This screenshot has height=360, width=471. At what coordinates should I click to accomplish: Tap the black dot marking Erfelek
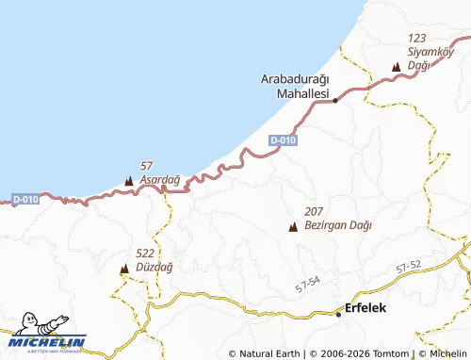point(339,314)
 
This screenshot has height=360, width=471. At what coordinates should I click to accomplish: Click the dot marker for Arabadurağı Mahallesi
point(335,100)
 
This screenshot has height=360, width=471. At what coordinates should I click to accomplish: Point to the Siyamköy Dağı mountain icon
point(396,67)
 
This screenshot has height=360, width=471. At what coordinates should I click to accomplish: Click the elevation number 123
point(417,38)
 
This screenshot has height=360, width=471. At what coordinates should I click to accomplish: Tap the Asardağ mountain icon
point(129,180)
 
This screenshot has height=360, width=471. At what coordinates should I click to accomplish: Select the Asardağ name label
point(159,179)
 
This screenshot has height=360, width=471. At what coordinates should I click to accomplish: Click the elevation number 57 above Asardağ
point(146,166)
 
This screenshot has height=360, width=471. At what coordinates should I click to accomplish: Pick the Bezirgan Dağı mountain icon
point(292,227)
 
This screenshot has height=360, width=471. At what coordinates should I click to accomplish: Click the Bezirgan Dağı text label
point(338,226)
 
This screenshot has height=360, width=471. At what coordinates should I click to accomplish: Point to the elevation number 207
point(315,213)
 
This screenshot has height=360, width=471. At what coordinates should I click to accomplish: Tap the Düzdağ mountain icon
point(123,269)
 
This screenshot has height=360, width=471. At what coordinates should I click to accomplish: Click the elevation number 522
point(145,254)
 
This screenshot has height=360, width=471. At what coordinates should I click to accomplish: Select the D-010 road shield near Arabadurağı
point(283,140)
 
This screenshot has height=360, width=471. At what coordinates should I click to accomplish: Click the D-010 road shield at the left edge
point(25,199)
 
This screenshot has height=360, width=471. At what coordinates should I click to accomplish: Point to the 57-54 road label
point(308,283)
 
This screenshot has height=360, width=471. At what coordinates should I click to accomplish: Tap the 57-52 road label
point(409,268)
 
